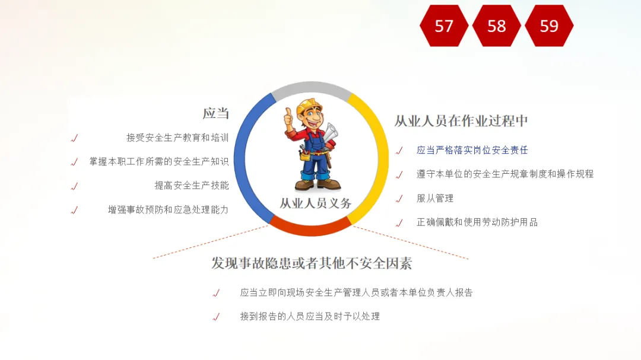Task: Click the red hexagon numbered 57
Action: [444, 26]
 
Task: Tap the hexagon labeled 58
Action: [497, 26]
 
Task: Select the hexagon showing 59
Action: [549, 26]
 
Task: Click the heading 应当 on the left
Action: [216, 113]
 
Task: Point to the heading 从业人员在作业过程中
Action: [461, 121]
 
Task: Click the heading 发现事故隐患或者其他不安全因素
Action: [312, 263]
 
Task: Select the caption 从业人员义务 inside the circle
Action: [315, 203]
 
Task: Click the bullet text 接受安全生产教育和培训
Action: [177, 138]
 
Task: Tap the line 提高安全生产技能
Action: [192, 186]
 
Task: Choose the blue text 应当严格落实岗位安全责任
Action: [472, 151]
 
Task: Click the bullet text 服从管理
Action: [435, 199]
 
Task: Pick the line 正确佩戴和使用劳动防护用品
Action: [477, 222]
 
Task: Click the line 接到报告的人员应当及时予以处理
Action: [310, 316]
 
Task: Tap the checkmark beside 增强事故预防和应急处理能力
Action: [74, 211]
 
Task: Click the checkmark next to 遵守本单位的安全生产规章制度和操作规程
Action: [399, 175]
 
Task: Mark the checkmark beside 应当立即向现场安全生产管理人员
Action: [216, 293]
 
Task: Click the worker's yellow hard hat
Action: [309, 106]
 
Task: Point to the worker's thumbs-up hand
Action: [289, 118]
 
